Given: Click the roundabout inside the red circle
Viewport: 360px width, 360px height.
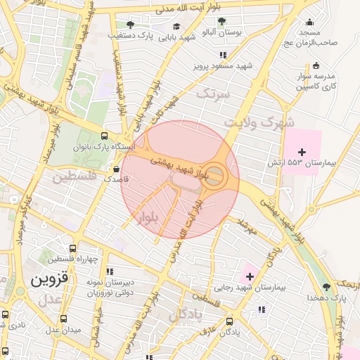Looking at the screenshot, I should pyautogui.click(x=216, y=176).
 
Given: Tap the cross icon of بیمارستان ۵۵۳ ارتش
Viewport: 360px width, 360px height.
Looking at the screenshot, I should pyautogui.click(x=302, y=152).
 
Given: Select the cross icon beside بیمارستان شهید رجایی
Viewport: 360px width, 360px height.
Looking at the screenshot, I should pyautogui.click(x=249, y=277).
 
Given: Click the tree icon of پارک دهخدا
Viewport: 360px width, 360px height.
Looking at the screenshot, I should pyautogui.click(x=326, y=287).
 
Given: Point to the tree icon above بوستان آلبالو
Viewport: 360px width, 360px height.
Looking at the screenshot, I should pyautogui.click(x=222, y=22).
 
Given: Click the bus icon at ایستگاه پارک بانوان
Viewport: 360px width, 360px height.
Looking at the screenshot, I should pyautogui.click(x=105, y=136).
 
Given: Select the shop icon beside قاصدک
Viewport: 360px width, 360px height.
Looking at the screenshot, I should pyautogui.click(x=116, y=169).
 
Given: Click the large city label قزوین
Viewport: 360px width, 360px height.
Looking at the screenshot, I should pyautogui.click(x=50, y=279).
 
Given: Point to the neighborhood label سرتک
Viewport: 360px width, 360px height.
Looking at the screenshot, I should pyautogui.click(x=212, y=94).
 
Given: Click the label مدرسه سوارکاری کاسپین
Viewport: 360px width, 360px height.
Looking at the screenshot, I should pyautogui.click(x=316, y=81).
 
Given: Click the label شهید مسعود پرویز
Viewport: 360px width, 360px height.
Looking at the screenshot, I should pyautogui.click(x=224, y=67).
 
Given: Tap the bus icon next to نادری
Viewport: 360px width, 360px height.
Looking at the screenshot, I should pyautogui.click(x=6, y=316).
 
